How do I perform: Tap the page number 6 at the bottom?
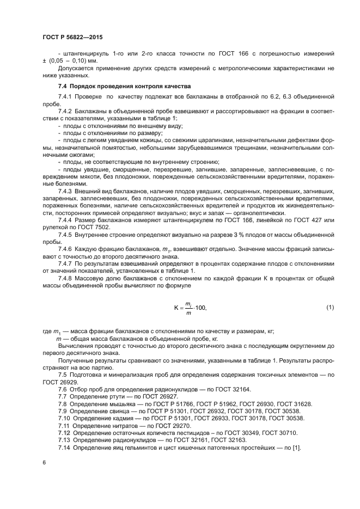tap(43, 462)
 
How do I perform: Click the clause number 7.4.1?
tap(67, 96)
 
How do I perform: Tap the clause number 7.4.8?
tap(67, 278)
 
